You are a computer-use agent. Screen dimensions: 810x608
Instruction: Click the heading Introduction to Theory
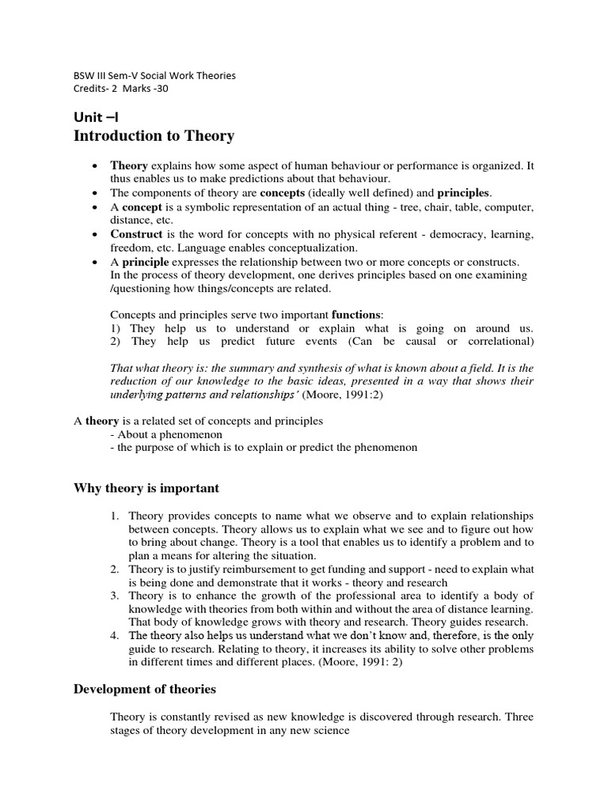pos(154,135)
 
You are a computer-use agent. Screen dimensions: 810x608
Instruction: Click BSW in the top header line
pos(84,76)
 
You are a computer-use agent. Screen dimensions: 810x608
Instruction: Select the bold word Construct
pos(136,235)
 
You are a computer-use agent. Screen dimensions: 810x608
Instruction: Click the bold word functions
pos(355,314)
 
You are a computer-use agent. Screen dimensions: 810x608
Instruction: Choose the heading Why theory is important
pos(146,487)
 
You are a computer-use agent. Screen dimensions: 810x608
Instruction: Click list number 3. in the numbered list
pos(115,595)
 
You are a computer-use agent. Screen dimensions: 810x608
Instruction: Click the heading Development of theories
pos(145,689)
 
